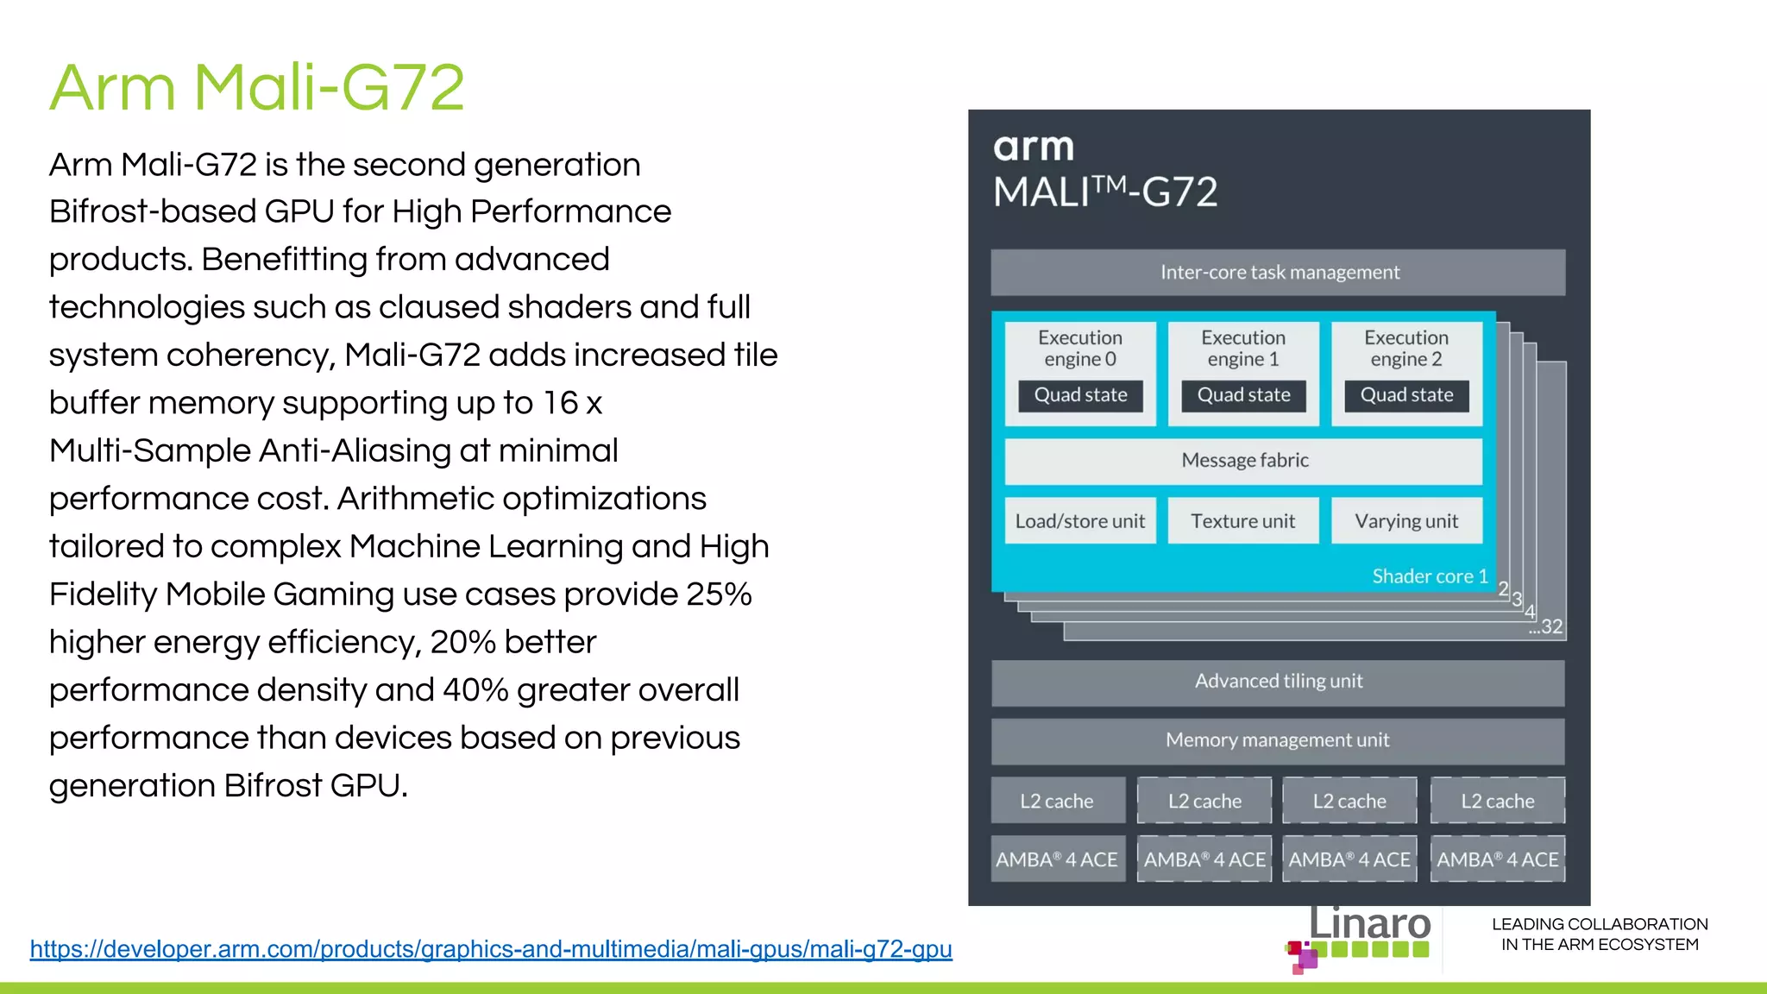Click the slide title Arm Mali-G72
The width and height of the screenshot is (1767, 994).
(x=257, y=87)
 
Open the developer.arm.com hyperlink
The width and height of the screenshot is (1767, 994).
(x=491, y=949)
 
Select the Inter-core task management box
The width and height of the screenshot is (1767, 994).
(x=1278, y=273)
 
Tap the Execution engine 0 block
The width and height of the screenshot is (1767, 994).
(x=1080, y=349)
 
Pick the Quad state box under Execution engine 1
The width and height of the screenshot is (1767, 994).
(x=1243, y=395)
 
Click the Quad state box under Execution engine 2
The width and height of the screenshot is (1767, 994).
(x=1406, y=395)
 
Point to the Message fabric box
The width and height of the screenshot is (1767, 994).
(x=1244, y=461)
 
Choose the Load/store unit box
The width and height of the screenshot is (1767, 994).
(x=1080, y=521)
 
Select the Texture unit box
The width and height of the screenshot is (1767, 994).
(x=1243, y=521)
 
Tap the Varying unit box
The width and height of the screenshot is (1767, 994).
(x=1406, y=521)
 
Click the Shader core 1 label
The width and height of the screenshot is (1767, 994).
(x=1430, y=576)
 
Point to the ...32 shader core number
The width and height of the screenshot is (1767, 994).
(x=1546, y=627)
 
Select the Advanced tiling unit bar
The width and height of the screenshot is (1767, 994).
(x=1278, y=682)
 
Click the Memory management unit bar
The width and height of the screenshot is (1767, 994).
(x=1278, y=740)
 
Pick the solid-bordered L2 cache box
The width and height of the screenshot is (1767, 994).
(x=1057, y=801)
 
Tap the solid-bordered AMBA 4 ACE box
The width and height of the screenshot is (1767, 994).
(x=1057, y=859)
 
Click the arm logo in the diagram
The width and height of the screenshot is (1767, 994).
(x=1034, y=148)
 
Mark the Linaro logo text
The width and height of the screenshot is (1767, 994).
(x=1369, y=924)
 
